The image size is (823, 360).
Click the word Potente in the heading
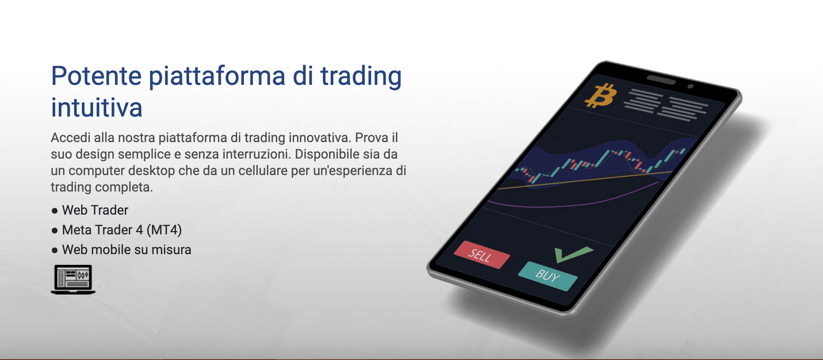coord(96,76)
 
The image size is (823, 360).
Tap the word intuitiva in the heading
coord(97,108)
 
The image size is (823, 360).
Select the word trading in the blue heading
coord(361,77)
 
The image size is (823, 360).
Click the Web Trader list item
coord(95,210)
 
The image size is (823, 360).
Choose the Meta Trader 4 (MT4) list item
coord(122,230)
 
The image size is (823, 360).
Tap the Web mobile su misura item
coord(126,250)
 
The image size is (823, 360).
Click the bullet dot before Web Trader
coord(55,211)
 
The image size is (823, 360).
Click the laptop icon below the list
coord(73,279)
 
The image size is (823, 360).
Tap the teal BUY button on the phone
coord(548,276)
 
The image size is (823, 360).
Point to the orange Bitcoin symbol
coord(601,96)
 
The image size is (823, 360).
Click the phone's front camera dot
coord(691,86)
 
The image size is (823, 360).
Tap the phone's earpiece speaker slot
coord(661,79)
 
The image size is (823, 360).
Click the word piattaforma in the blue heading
coord(217,77)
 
